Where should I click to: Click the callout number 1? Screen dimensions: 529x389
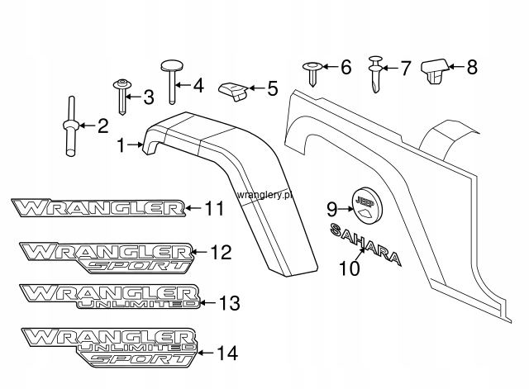click(x=121, y=145)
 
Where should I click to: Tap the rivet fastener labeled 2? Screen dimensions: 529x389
click(x=71, y=126)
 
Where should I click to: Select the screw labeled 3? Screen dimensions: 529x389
click(x=122, y=97)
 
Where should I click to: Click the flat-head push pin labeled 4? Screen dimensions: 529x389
click(x=172, y=82)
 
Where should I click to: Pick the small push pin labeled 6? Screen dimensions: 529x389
click(x=312, y=74)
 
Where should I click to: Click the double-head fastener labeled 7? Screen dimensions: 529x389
click(x=375, y=74)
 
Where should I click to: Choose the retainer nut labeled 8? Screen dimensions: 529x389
click(x=436, y=71)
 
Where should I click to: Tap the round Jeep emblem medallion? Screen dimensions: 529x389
click(x=368, y=206)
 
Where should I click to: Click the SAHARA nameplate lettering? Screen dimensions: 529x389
click(x=366, y=244)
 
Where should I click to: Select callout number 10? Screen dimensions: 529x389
click(x=349, y=268)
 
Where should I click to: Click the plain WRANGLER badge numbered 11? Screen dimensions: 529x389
click(x=98, y=207)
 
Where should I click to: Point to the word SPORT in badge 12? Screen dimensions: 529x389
click(x=136, y=266)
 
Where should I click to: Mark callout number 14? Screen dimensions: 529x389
click(x=227, y=353)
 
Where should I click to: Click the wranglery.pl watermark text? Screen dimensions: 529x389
click(x=264, y=195)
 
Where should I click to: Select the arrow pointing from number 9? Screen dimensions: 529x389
click(x=346, y=209)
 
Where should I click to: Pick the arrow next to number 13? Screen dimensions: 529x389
click(x=207, y=303)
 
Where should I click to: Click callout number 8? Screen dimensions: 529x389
click(x=472, y=67)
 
